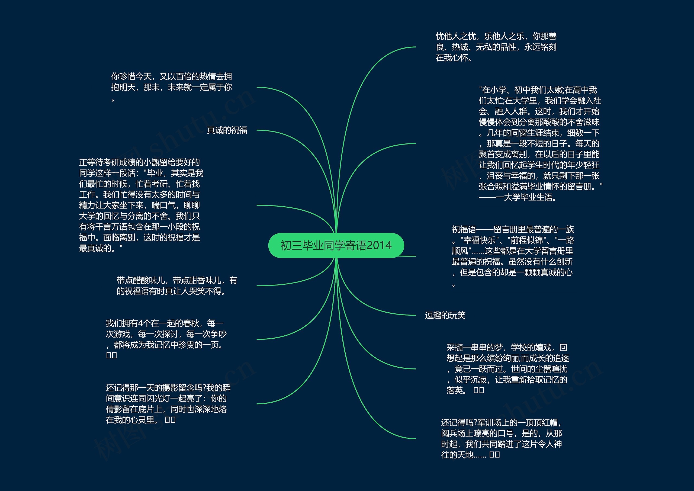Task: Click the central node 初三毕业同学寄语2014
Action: (x=336, y=246)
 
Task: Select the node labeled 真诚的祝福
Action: (x=227, y=130)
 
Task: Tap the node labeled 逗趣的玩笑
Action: (x=445, y=315)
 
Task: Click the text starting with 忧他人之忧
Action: (x=496, y=47)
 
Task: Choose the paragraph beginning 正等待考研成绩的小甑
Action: (x=140, y=205)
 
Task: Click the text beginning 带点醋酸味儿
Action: (x=177, y=286)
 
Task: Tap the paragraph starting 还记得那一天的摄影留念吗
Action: (x=168, y=404)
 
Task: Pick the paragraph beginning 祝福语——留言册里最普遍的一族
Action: (x=513, y=256)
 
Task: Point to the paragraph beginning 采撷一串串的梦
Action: (x=507, y=369)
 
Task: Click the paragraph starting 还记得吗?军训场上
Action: (x=502, y=439)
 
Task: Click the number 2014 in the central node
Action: (x=379, y=246)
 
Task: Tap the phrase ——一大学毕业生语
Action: (x=518, y=197)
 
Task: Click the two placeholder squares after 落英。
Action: (x=479, y=390)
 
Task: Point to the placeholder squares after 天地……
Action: (x=494, y=455)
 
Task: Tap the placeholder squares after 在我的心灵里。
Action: (x=171, y=420)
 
